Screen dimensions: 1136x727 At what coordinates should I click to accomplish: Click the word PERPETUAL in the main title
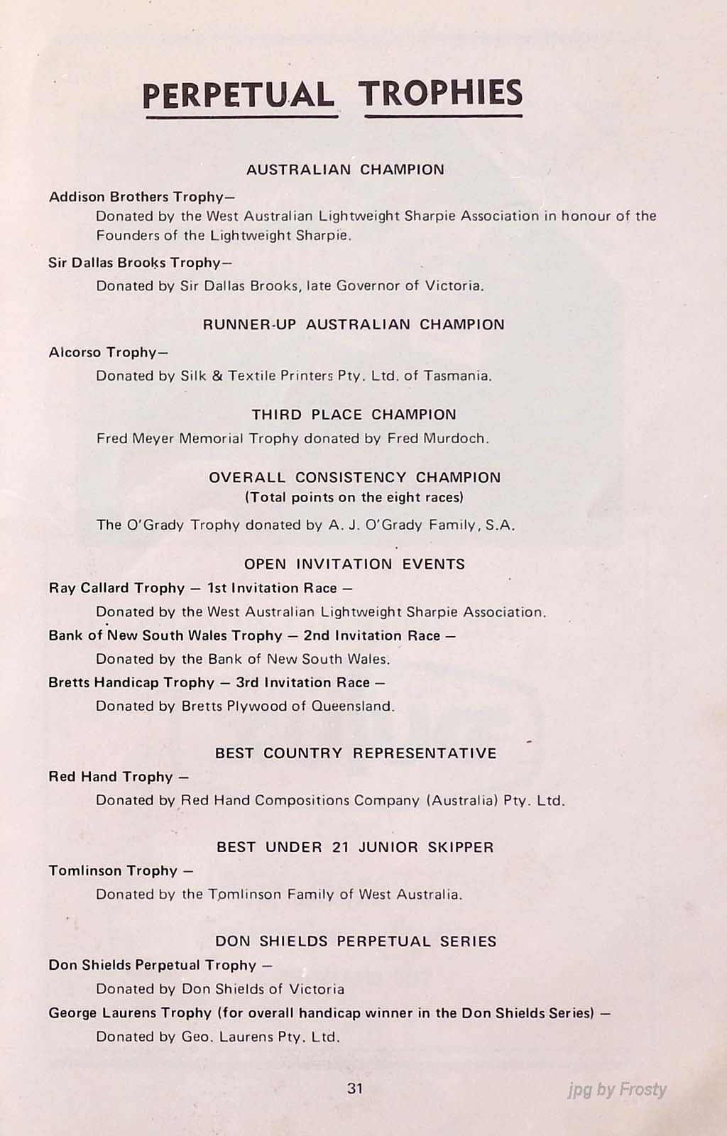coord(239,95)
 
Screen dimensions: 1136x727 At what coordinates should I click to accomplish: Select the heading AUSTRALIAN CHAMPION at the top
coord(345,170)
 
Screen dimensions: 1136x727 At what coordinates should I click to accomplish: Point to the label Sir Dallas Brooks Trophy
coord(139,263)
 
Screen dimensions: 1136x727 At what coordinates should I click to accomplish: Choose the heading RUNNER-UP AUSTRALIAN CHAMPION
coord(354,324)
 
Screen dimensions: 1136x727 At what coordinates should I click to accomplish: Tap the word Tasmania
coord(457,376)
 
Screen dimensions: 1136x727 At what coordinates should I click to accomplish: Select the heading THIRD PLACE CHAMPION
coord(354,415)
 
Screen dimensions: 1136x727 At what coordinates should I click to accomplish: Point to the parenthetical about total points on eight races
coord(354,497)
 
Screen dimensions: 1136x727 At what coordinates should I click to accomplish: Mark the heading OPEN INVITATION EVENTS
coord(354,564)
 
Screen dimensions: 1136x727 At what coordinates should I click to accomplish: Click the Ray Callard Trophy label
coord(116,588)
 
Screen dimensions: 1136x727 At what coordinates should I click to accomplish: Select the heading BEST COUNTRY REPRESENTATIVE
coord(356,753)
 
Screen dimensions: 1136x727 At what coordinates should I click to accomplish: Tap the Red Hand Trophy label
coord(111,777)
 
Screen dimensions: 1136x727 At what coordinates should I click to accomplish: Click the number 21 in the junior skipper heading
coord(340,847)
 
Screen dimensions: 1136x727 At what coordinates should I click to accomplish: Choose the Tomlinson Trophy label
coord(113,870)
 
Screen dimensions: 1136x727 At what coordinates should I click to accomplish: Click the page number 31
coord(356,1088)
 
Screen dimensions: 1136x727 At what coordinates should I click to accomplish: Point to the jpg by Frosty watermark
coord(617,1090)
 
